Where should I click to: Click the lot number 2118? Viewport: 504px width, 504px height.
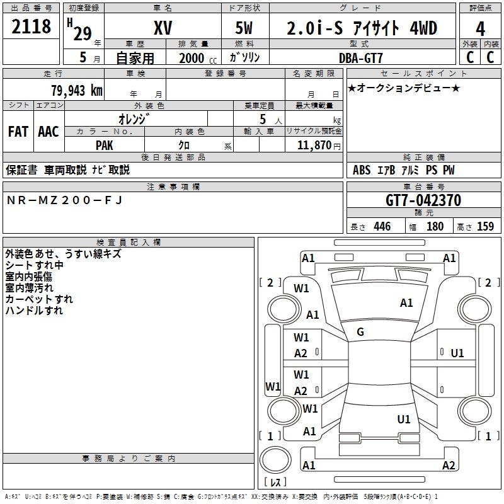31,27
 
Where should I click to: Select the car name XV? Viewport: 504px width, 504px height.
163,28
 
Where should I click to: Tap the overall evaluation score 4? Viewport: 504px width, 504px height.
480,28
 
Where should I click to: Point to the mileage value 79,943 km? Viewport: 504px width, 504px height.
76,91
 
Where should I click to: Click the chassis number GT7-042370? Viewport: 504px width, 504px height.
423,201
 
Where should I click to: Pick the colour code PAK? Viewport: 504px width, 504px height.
105,145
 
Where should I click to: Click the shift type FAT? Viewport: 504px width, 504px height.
18,132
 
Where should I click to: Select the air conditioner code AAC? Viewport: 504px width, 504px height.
49,132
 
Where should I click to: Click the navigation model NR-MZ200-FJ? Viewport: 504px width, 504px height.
64,200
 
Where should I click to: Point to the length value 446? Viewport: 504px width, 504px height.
381,227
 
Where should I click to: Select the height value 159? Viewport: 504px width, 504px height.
485,227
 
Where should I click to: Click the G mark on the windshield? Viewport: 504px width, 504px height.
360,331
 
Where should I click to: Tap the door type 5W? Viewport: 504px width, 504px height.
245,28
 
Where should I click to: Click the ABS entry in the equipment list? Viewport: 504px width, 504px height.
362,170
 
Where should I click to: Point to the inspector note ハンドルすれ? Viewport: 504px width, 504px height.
34,311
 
